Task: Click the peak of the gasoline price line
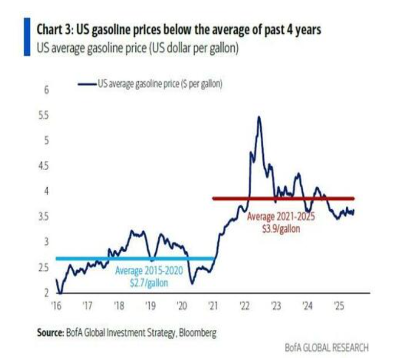coord(259,117)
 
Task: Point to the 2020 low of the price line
coord(192,283)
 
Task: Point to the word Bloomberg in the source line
coord(198,333)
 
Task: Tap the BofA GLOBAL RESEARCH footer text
coord(326,348)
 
